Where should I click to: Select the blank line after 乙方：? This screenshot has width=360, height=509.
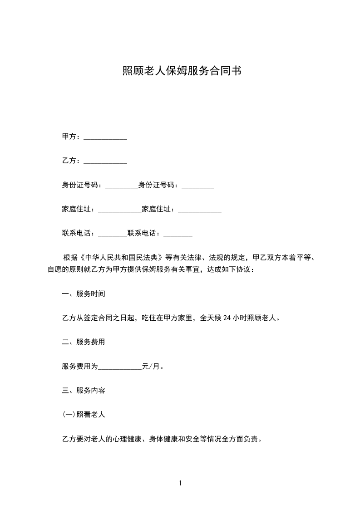[105, 161]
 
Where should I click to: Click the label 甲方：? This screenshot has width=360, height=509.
[72, 137]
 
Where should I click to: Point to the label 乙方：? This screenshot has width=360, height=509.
[72, 161]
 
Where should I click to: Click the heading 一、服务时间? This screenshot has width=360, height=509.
[84, 294]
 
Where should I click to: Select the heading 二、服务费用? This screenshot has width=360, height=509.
[84, 342]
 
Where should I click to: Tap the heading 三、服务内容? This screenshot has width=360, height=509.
[84, 390]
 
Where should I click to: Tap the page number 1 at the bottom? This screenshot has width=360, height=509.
[180, 483]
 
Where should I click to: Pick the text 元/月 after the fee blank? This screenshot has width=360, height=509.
[152, 366]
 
